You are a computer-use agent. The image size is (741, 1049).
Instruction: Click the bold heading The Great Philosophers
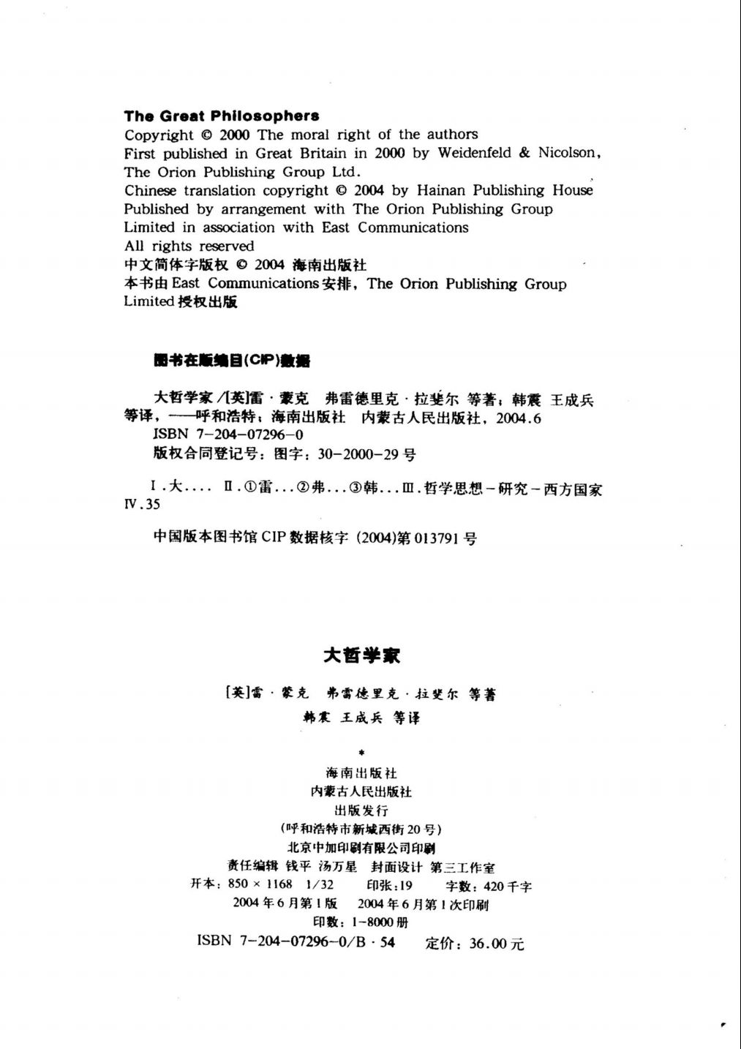coord(222,116)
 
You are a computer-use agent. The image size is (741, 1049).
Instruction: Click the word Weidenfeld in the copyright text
coord(474,153)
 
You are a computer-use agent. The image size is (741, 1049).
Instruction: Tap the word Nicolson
coord(569,153)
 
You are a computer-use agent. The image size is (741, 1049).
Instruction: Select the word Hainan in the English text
coord(440,190)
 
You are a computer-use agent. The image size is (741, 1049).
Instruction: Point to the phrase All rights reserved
coord(189,246)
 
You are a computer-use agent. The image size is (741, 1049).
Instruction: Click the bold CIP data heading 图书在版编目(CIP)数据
coord(232,360)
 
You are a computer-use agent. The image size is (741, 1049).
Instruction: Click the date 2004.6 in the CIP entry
coord(519,418)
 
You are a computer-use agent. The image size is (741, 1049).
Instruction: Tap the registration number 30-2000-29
coord(358,454)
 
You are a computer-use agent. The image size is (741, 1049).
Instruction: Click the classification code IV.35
coord(143,505)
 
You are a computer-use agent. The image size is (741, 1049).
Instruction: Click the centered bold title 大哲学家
coord(361,655)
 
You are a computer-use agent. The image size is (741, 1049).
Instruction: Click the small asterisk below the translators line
coord(361,752)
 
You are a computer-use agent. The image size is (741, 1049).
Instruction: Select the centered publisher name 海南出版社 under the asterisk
coord(361,773)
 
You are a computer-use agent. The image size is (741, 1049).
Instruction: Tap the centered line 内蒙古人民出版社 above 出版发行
coord(361,792)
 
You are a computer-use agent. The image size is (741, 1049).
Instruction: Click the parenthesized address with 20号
coord(361,829)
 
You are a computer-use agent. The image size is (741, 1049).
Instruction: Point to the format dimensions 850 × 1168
coord(260,884)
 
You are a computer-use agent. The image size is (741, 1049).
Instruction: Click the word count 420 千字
coord(508,886)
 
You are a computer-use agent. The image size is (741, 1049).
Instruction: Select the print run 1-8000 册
coord(380,922)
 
